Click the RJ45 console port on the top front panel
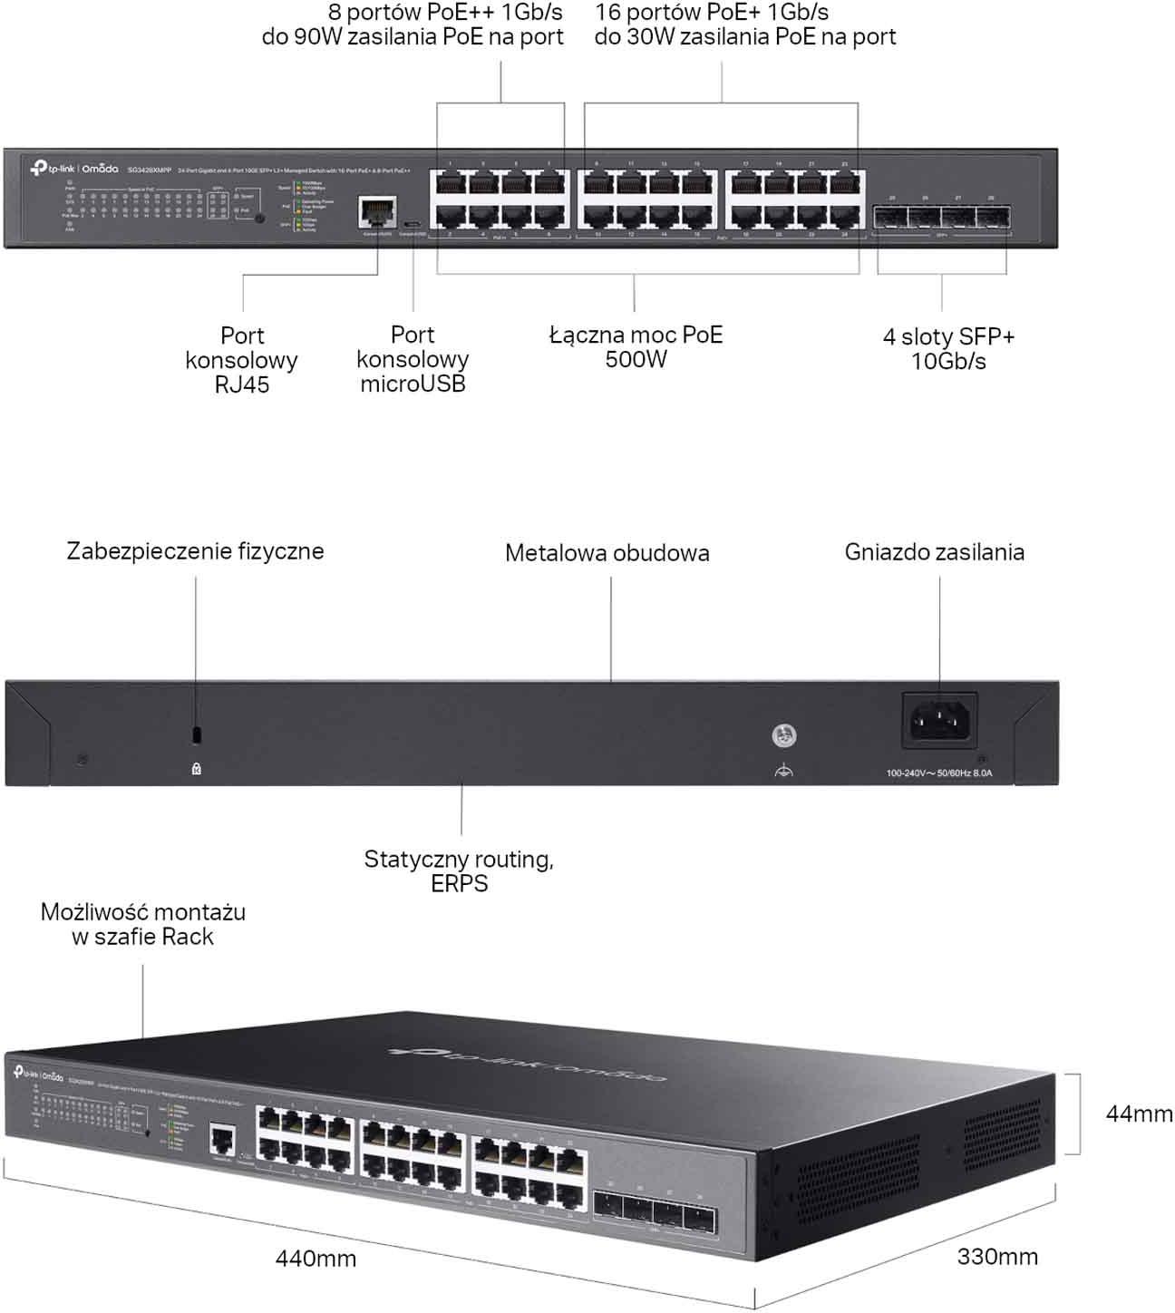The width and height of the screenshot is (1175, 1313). click(376, 211)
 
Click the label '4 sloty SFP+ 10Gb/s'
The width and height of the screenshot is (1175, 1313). click(948, 349)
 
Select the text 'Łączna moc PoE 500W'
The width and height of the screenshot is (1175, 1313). click(636, 347)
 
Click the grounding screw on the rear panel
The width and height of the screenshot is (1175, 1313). click(784, 736)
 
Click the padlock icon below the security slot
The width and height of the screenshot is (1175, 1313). click(197, 769)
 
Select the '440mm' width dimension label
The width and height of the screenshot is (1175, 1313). click(316, 1259)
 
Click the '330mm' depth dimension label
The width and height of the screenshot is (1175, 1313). click(997, 1257)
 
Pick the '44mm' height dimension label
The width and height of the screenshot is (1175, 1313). click(1139, 1114)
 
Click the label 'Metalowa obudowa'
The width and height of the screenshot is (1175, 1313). click(607, 553)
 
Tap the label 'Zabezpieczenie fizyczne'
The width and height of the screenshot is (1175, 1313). click(195, 551)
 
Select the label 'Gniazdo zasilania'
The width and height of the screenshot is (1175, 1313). click(934, 552)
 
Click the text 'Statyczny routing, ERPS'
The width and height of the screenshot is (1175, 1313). click(459, 871)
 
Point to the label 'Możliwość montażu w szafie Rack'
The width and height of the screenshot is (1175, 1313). click(143, 924)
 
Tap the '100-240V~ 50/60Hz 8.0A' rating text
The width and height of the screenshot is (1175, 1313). click(939, 773)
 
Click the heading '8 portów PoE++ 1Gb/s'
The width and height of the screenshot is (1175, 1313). click(445, 13)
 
